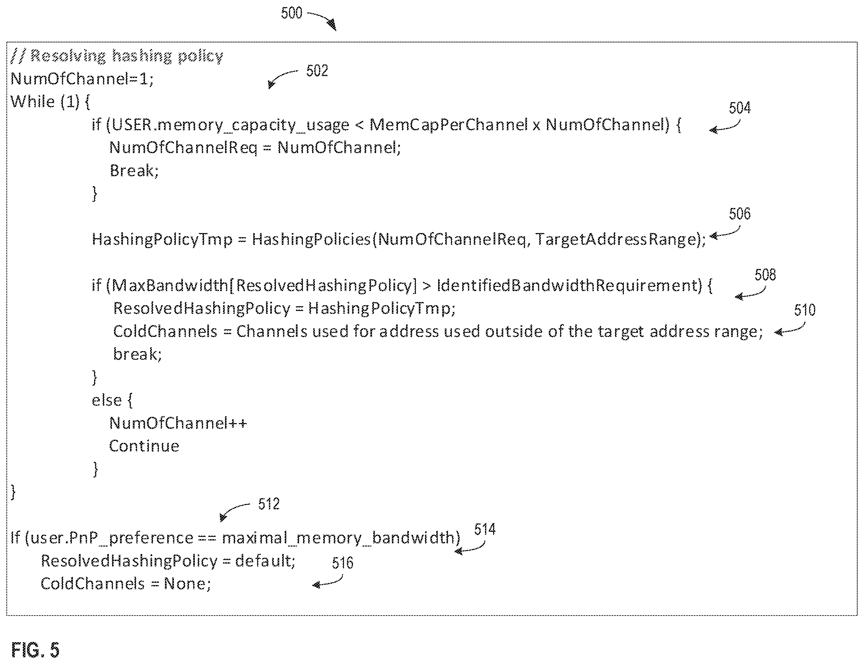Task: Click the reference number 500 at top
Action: pos(291,13)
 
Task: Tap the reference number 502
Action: pos(317,71)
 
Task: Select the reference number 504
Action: pos(739,108)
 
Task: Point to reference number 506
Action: pos(739,214)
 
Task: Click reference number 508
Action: pos(765,275)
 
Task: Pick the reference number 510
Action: pos(805,310)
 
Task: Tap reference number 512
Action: pos(269,504)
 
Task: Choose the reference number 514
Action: pos(485,529)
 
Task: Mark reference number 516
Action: pos(342,563)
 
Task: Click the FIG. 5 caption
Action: pos(35,649)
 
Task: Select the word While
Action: pos(32,102)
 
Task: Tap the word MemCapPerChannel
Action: pos(449,125)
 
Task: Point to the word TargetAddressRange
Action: pos(615,239)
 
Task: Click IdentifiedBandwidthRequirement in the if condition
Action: pos(569,285)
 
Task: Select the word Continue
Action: pos(144,446)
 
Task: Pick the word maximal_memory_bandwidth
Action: pos(338,538)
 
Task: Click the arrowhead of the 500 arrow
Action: pos(333,25)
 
